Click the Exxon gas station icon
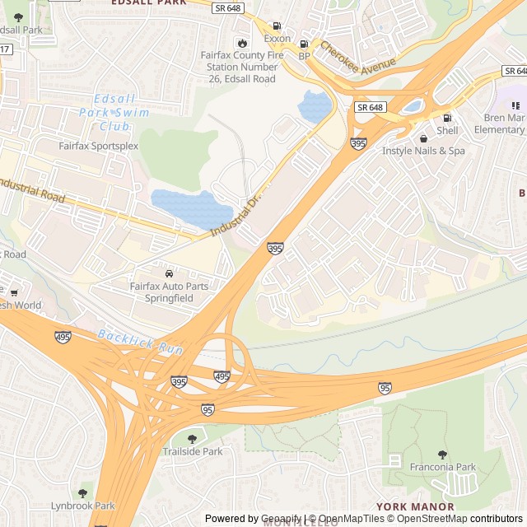(276, 26)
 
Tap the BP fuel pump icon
(304, 44)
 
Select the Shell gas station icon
(447, 118)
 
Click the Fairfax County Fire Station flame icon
(242, 43)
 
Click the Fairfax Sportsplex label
(98, 146)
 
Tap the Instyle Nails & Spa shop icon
(423, 138)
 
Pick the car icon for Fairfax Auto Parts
(169, 273)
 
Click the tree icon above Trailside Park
(193, 439)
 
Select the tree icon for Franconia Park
(442, 455)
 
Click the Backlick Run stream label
(139, 343)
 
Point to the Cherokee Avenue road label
(358, 56)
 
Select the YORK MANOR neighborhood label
(415, 506)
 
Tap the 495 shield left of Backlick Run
(63, 338)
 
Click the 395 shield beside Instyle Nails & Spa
(358, 144)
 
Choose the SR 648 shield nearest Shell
(371, 107)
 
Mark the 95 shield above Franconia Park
(385, 388)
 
